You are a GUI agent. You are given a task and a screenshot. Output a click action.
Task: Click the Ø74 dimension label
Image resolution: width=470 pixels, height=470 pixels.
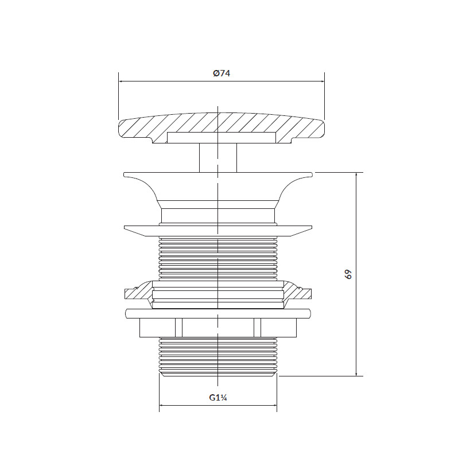point(222,73)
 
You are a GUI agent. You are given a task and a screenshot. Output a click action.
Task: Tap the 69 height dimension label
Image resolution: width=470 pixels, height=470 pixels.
point(348,274)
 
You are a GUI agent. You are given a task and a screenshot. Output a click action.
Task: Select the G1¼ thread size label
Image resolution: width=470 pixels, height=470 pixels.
point(218,398)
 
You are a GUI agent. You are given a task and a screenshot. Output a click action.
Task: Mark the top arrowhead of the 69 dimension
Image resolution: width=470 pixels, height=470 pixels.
point(356,175)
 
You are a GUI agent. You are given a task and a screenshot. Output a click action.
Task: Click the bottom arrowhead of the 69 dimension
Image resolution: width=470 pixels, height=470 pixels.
point(356,374)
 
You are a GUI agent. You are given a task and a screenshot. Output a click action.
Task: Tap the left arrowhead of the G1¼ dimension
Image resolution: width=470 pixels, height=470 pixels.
point(161,406)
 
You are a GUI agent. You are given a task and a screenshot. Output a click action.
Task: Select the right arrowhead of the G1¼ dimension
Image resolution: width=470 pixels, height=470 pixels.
point(274,406)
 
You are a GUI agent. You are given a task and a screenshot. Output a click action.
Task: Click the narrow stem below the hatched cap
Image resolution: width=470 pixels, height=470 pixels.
point(218,158)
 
